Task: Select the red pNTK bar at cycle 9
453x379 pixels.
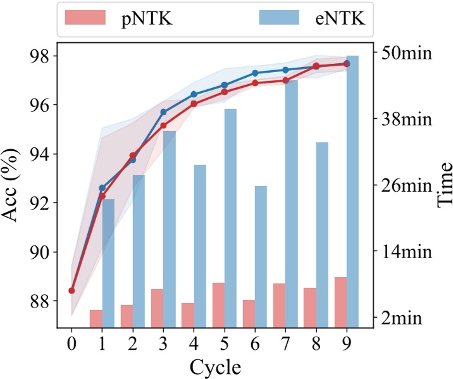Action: pos(340,302)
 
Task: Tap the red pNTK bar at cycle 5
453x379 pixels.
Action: pos(218,305)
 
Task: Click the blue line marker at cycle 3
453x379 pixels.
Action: pos(163,112)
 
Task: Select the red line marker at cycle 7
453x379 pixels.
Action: pos(285,80)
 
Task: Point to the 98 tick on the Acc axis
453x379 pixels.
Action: pos(38,56)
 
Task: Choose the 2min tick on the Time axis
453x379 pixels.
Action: pos(406,318)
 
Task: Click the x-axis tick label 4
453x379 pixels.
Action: pos(194,344)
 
